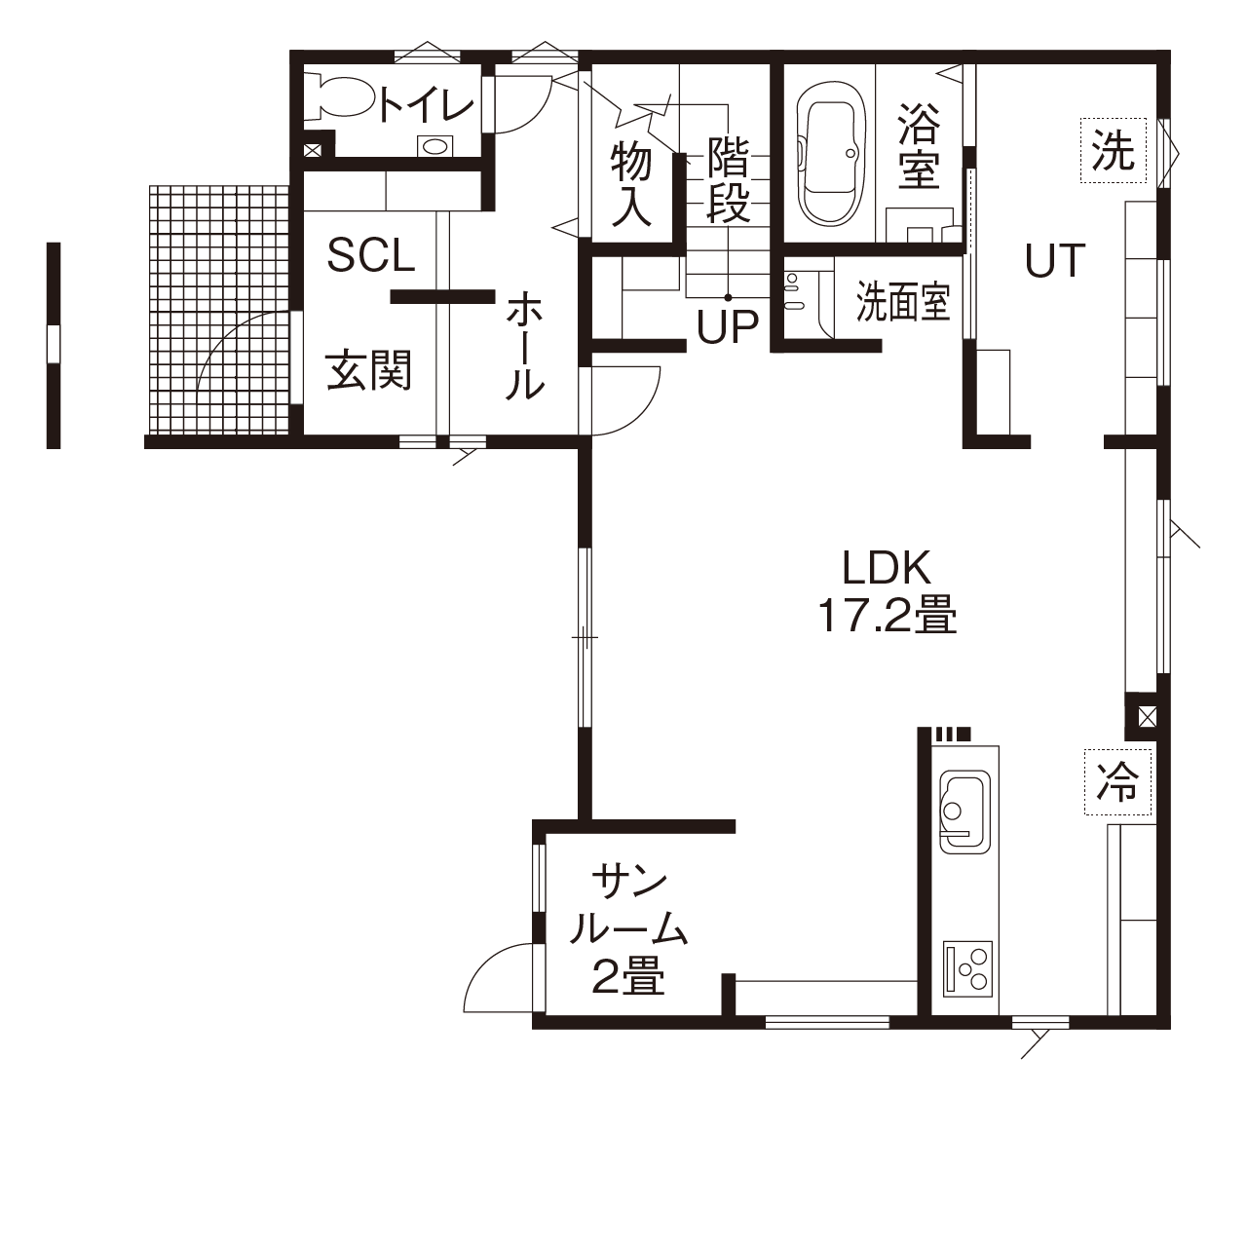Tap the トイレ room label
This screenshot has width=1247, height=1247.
[427, 104]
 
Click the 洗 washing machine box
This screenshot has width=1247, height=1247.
[1112, 151]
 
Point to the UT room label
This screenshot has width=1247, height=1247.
[1055, 260]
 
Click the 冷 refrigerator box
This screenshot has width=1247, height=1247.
[1116, 781]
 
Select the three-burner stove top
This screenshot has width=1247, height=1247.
[967, 967]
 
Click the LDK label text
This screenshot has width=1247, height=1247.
[888, 567]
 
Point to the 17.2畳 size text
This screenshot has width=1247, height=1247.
[888, 616]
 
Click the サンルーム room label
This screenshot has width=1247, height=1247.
[628, 908]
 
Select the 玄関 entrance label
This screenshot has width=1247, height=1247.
[369, 371]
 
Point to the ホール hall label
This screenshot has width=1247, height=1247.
[524, 346]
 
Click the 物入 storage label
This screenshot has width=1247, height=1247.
[631, 184]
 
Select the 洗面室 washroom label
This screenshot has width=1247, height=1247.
[903, 302]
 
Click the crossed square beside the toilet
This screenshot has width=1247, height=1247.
[313, 151]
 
